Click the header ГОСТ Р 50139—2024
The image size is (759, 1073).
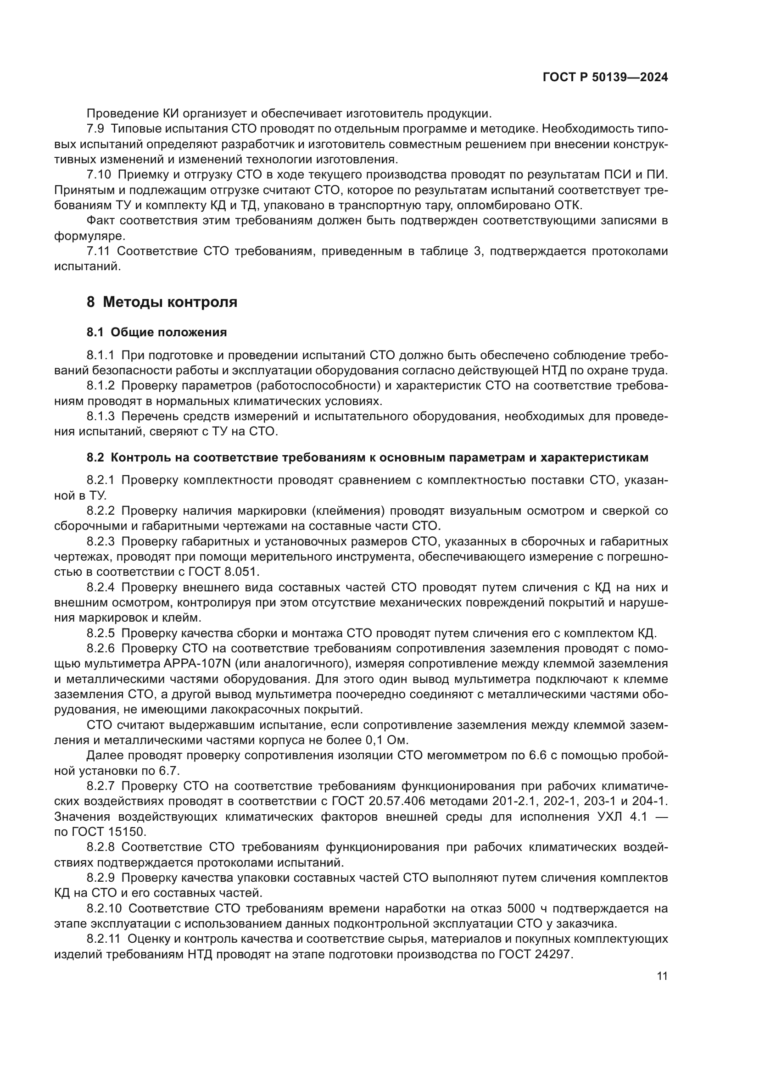click(605, 78)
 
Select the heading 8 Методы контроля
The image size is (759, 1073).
click(162, 302)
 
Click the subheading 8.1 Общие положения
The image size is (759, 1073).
click(156, 333)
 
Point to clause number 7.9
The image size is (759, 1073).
click(95, 129)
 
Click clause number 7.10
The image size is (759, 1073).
click(99, 175)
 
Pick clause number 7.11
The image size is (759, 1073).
click(98, 251)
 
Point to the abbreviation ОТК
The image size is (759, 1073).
click(566, 206)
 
